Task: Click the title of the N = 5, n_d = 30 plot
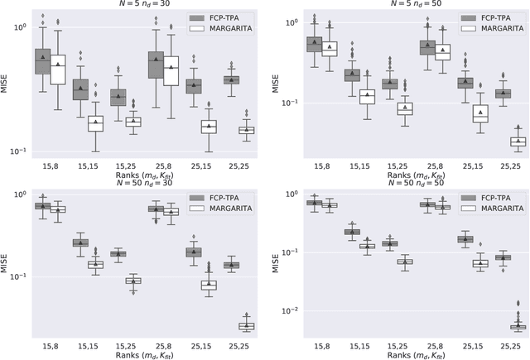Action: point(145,4)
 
